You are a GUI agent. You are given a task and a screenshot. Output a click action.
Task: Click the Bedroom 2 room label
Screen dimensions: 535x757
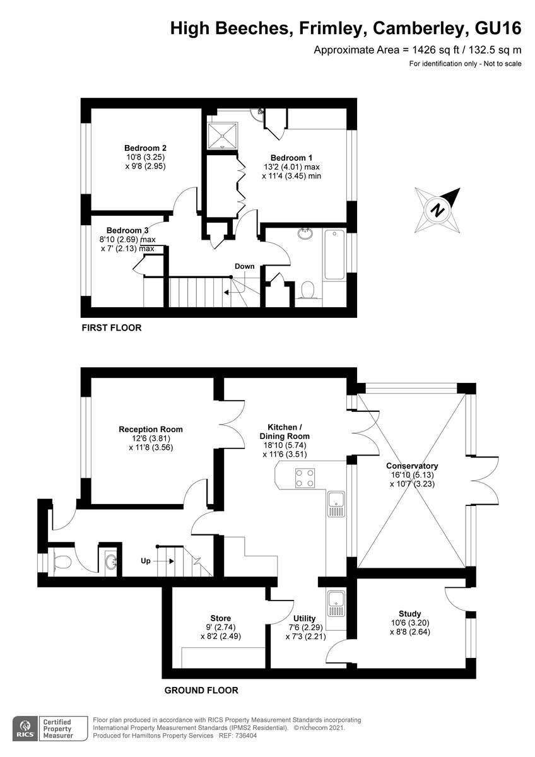145,148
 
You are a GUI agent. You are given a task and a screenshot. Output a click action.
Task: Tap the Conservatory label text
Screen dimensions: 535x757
412,466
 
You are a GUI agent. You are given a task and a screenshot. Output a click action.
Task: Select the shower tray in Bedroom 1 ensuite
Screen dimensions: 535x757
222,136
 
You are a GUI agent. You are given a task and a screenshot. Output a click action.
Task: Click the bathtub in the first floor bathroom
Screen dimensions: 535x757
334,254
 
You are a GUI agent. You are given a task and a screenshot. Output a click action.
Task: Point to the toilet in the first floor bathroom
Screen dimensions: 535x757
307,290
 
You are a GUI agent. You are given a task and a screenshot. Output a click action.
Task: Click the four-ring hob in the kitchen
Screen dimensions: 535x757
305,478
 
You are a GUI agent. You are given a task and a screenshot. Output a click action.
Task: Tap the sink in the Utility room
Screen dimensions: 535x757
336,604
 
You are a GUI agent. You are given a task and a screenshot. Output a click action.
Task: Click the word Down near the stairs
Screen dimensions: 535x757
244,266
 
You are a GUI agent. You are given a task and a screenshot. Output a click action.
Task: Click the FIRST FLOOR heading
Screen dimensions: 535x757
112,328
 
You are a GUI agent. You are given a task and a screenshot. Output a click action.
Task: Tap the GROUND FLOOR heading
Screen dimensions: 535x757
201,690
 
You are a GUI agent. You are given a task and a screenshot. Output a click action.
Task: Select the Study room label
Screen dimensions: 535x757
409,614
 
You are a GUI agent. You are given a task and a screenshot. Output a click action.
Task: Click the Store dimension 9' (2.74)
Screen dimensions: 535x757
220,627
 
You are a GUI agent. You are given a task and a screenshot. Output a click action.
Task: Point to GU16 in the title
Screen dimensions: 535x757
498,28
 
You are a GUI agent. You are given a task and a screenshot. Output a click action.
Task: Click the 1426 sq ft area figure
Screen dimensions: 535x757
436,50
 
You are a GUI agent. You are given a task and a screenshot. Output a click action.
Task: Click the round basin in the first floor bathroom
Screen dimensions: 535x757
305,233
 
